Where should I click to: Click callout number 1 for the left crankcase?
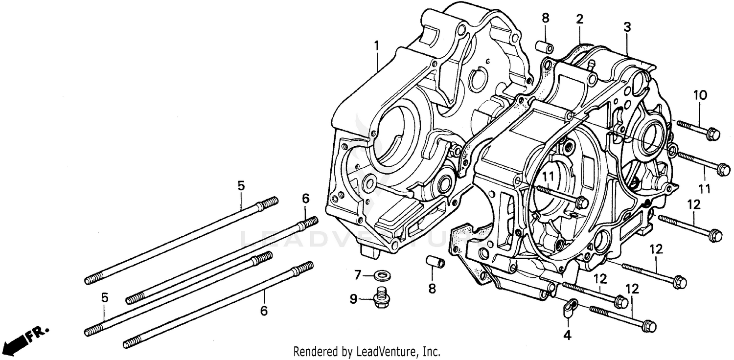[376, 46]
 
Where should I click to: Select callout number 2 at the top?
[579, 20]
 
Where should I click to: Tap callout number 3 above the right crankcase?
[627, 27]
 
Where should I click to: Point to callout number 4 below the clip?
[567, 336]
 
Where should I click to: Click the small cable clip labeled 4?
[569, 309]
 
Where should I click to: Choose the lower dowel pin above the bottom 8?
[435, 265]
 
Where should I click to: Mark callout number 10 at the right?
[700, 95]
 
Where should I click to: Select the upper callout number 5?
[241, 186]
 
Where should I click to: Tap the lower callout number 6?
[264, 311]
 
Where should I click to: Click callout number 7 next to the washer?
[358, 275]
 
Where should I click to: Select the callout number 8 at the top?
[545, 19]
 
